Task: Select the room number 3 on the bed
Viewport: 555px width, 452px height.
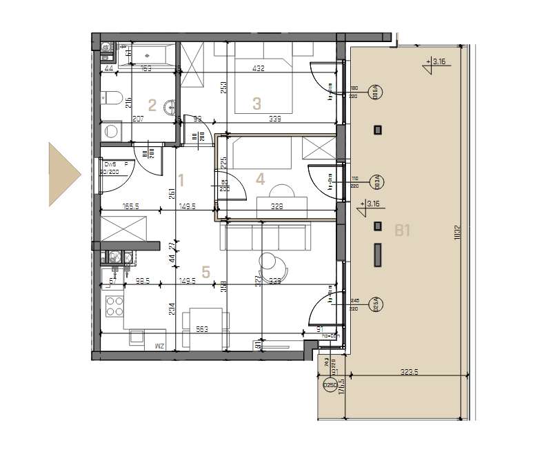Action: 256,104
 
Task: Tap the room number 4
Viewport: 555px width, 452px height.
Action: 259,179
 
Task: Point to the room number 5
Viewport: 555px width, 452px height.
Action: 205,271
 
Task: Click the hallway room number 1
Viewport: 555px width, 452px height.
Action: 181,181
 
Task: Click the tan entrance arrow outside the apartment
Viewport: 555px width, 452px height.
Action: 63,174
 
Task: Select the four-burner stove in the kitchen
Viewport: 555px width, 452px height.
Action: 114,306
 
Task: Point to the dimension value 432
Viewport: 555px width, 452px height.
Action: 259,68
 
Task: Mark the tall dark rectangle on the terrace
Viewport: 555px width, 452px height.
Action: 378,255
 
